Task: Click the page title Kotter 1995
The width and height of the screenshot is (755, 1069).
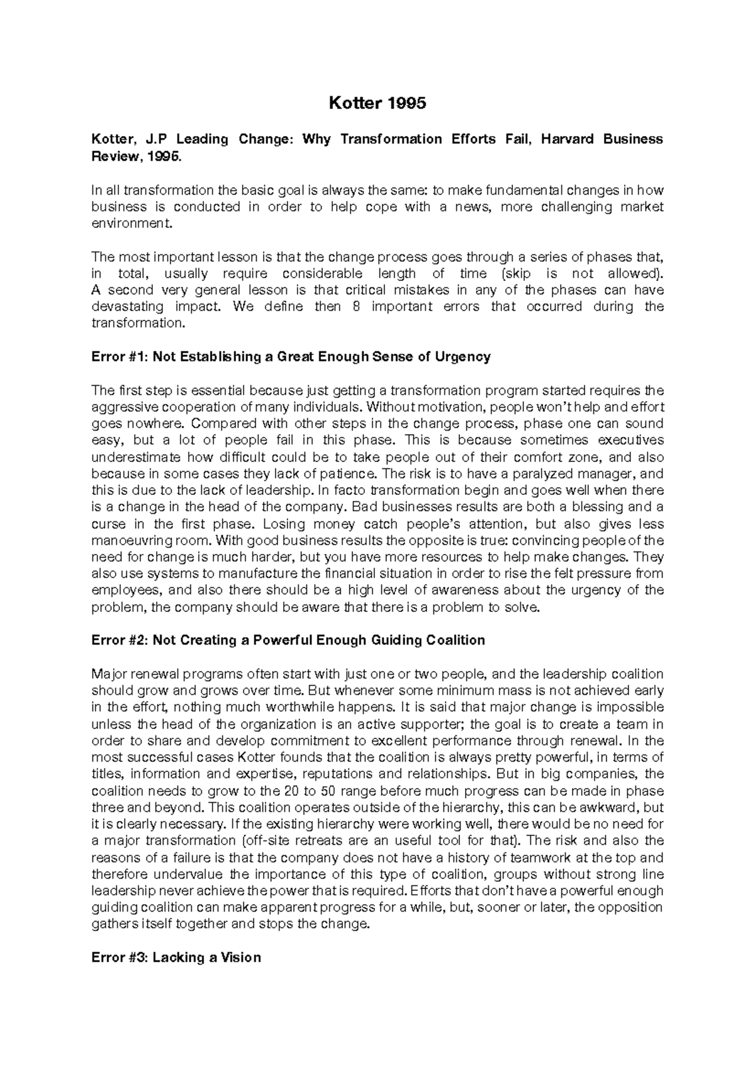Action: [x=377, y=103]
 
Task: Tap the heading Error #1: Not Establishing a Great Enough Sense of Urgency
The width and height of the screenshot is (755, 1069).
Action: [x=291, y=357]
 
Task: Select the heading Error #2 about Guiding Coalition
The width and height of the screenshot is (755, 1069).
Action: [x=288, y=640]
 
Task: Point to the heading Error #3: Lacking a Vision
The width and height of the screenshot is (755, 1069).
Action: [x=176, y=958]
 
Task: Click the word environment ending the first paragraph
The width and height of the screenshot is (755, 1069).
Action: [x=130, y=223]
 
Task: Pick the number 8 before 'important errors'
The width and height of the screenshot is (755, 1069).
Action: [x=357, y=307]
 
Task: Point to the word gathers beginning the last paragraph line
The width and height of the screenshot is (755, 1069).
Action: [x=112, y=924]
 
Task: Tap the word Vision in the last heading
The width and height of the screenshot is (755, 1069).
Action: [x=241, y=958]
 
